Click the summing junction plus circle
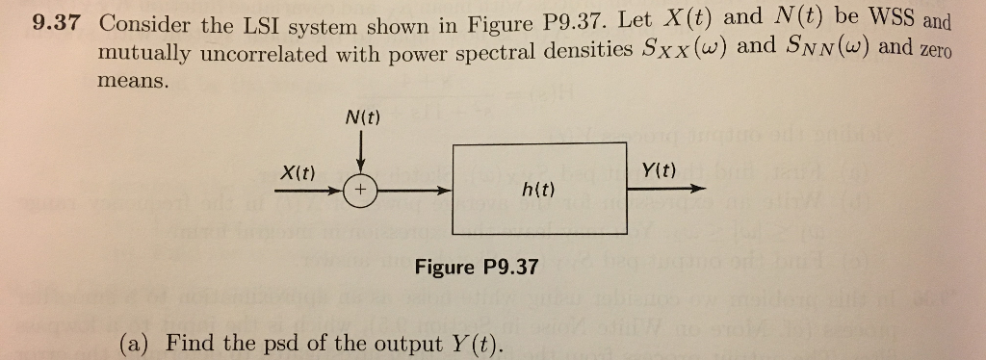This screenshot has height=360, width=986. [360, 191]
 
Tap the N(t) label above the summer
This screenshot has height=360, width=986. [361, 118]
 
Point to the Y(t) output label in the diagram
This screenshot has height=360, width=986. [658, 170]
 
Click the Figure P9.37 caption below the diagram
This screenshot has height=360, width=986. [477, 266]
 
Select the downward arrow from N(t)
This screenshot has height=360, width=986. [360, 152]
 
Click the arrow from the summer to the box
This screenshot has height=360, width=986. [414, 191]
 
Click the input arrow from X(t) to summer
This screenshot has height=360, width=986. [308, 191]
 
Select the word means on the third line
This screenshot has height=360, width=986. [132, 83]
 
